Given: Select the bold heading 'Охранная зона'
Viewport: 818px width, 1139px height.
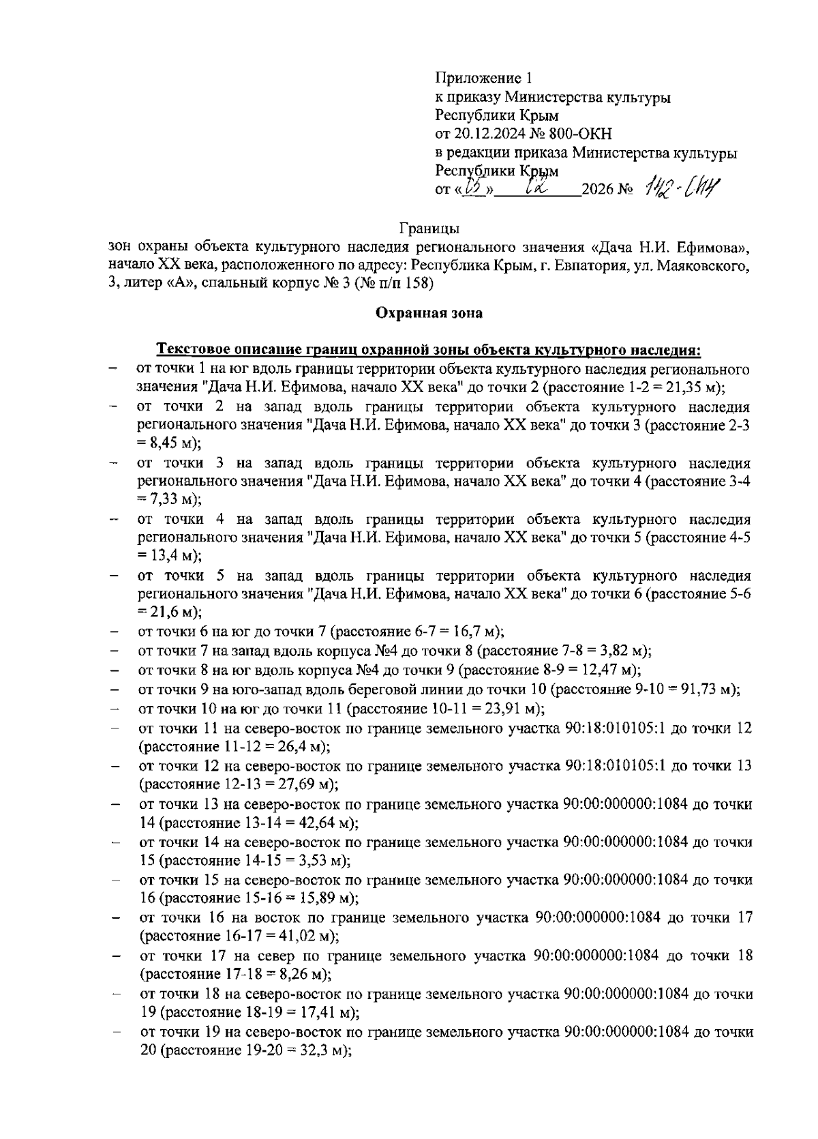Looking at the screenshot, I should point(429,313).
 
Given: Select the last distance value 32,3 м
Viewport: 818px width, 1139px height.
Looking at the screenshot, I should point(322,1051).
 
